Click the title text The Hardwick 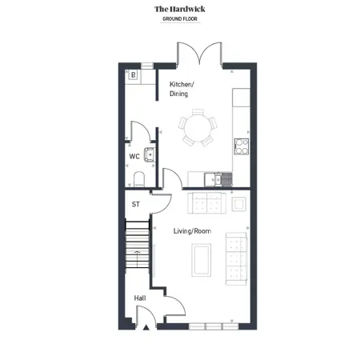[x=180, y=9]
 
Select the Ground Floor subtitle [x=180, y=19]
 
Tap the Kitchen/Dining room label [x=182, y=89]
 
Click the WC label [x=134, y=156]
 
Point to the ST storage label [x=136, y=204]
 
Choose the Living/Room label [x=192, y=231]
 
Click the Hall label [x=140, y=298]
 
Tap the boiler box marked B [x=133, y=75]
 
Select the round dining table [x=198, y=127]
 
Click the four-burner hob [x=242, y=146]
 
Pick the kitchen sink [x=218, y=180]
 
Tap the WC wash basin [x=150, y=155]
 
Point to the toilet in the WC [x=139, y=179]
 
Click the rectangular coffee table [x=202, y=260]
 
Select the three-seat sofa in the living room [x=237, y=258]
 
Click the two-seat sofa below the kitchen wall [x=207, y=203]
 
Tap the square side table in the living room [x=238, y=204]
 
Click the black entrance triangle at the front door [x=146, y=328]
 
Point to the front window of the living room [x=214, y=326]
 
